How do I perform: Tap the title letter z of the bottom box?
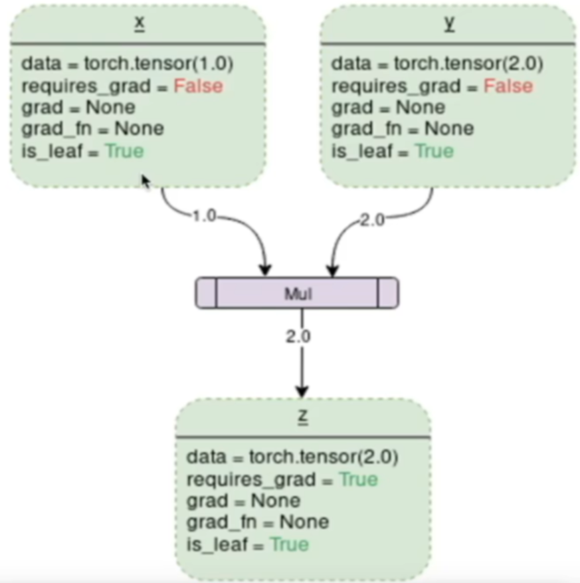pos(302,417)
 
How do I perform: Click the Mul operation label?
pos(298,293)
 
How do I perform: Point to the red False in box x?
pos(199,86)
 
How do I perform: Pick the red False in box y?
pos(508,86)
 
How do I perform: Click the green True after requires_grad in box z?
pos(358,479)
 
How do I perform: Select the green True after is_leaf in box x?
pos(124,151)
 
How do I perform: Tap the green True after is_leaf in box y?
pos(435,151)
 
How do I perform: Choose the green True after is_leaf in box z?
pos(289,544)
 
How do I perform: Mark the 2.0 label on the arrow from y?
pos(371,220)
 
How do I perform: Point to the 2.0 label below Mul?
pos(298,336)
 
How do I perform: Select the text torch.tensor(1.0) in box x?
pos(159,64)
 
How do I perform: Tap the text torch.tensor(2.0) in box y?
pos(469,64)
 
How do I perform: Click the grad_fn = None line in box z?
pos(257,522)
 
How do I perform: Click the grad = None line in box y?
pos(389,107)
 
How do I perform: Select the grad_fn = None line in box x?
pos(92,128)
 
